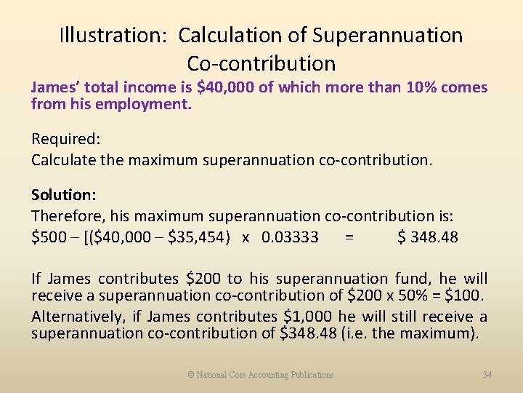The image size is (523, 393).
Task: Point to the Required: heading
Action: click(x=63, y=138)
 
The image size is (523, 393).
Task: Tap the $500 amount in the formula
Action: click(x=47, y=237)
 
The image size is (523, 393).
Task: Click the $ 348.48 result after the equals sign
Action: click(x=428, y=237)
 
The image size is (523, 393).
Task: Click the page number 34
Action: click(x=487, y=375)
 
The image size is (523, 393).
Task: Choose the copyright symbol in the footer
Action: click(x=191, y=375)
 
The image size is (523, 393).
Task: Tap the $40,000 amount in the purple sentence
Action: click(x=226, y=88)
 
